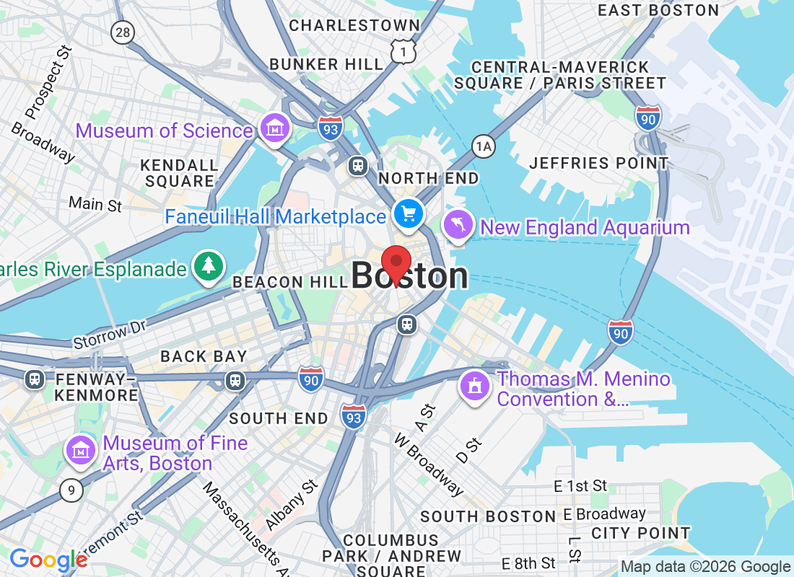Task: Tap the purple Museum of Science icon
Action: point(274,130)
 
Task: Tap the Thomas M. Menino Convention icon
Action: point(475,387)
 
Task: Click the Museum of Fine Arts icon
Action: point(81,452)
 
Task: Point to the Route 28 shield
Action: point(123,32)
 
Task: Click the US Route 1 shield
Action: point(403,50)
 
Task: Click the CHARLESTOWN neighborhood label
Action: point(354,25)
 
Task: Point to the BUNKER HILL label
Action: point(326,64)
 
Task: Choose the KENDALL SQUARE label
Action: point(180,173)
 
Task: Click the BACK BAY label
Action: point(204,356)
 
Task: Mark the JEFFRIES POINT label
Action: point(599,163)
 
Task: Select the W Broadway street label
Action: point(428,464)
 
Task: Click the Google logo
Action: point(48,560)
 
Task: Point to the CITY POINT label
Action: point(640,533)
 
